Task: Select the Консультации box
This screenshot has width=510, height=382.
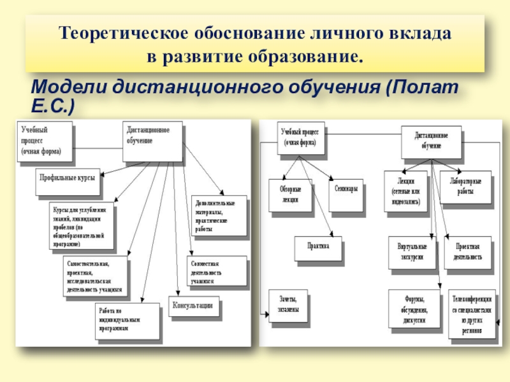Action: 194,306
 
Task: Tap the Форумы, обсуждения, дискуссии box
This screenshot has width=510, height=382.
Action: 415,308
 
